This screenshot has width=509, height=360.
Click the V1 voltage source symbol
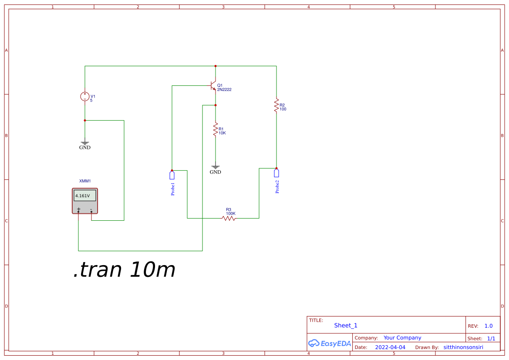tap(84, 97)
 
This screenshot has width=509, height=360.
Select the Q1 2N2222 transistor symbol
tap(213, 85)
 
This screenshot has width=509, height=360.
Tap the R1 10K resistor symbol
tap(215, 129)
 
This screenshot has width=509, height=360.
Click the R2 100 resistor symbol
tap(276, 105)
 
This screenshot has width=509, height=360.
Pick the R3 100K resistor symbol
tap(229, 218)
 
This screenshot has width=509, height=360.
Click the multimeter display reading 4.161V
tap(84, 196)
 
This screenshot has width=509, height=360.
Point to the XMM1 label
tap(84, 181)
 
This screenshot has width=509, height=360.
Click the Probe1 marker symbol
tap(172, 175)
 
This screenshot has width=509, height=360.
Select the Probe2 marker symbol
tap(276, 173)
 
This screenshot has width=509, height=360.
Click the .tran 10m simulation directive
tap(124, 270)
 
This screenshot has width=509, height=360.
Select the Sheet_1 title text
tap(346, 325)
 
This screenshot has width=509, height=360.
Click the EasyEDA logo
tap(329, 343)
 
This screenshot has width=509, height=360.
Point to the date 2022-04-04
tap(390, 347)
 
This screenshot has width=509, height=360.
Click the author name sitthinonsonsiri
tap(463, 347)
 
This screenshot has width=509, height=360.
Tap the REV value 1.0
tap(489, 326)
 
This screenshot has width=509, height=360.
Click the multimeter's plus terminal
tap(78, 211)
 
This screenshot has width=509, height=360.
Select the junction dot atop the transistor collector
tap(215, 66)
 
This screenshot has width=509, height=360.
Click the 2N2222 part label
tap(224, 90)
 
